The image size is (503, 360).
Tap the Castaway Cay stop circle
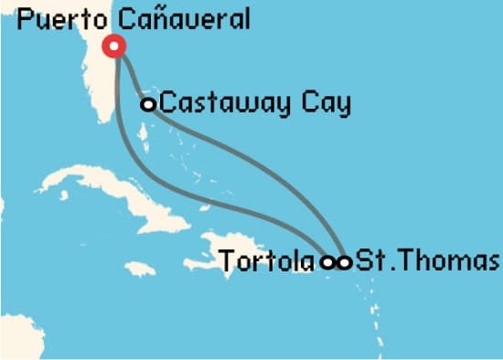pos(148,104)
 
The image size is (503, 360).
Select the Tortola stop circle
pos(328,262)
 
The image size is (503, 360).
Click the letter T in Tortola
pos(227,262)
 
